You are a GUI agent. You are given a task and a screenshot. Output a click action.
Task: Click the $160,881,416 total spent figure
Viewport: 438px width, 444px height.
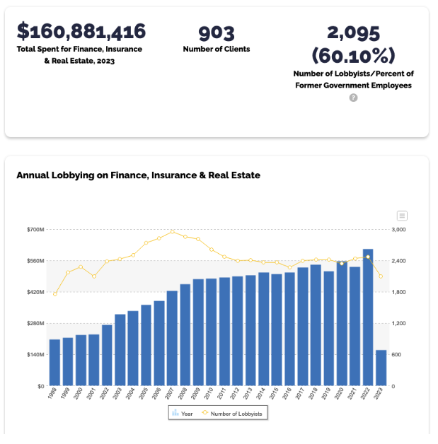click(81, 32)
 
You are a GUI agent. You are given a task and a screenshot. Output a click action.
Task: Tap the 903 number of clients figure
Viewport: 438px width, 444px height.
click(216, 33)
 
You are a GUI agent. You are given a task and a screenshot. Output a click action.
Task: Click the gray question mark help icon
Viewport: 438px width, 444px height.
click(353, 98)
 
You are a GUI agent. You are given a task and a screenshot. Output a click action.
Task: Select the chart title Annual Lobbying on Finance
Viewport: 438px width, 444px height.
click(138, 175)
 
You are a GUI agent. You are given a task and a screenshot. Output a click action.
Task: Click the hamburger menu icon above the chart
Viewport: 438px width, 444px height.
click(402, 216)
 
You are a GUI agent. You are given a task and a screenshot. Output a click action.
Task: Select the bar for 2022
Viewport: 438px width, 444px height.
click(368, 317)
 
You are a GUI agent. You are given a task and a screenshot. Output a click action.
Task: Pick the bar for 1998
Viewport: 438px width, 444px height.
click(54, 362)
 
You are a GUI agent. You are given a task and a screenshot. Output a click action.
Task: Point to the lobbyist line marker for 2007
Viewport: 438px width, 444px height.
click(172, 231)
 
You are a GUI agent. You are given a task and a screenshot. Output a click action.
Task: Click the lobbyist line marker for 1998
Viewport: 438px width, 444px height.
click(54, 294)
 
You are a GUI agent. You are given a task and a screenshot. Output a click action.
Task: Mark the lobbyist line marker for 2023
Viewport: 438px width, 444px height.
click(381, 276)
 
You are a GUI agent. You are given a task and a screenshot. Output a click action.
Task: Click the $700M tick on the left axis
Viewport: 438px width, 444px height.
click(35, 230)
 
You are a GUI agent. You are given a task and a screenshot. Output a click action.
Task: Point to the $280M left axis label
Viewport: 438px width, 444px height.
click(35, 323)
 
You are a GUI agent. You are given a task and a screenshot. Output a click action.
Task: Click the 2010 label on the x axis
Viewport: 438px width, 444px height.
click(209, 395)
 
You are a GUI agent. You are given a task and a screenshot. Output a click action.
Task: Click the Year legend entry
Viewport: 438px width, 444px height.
click(183, 413)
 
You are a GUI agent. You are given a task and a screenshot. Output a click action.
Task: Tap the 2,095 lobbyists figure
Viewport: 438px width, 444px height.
click(353, 33)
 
